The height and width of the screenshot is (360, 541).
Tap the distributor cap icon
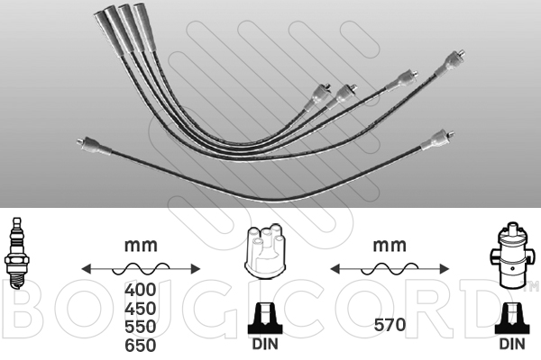[265, 250]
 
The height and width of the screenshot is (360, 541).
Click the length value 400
[141, 290]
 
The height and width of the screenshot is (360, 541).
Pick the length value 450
[141, 309]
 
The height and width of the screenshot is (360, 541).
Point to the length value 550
[141, 327]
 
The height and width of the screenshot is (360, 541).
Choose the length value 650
[141, 346]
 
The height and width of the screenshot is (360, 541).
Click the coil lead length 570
[390, 325]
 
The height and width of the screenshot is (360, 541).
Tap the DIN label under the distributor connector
[265, 344]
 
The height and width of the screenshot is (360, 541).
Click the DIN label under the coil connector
[512, 344]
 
